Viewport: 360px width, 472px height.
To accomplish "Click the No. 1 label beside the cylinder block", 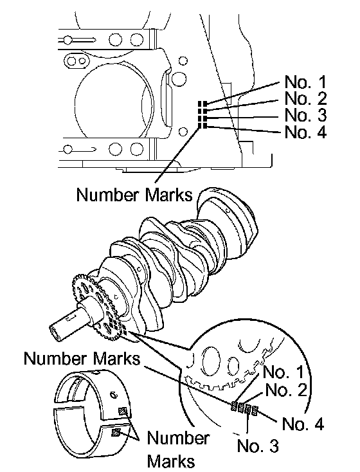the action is [x=305, y=82].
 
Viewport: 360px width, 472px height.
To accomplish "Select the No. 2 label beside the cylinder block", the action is [x=305, y=98].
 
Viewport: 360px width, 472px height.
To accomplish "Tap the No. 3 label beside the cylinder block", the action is [x=305, y=114].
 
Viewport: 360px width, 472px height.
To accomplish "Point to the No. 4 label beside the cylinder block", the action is [x=305, y=132].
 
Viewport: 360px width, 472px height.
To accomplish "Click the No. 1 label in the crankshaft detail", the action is [x=283, y=372].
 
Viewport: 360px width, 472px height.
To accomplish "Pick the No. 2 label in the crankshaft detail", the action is [x=286, y=390].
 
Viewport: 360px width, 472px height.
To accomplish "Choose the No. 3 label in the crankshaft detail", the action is [x=258, y=445].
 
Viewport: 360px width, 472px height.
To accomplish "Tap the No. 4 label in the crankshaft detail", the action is [x=303, y=424].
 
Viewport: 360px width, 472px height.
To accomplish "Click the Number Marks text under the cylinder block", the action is [x=134, y=194].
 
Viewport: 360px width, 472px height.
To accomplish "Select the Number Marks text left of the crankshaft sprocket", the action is [x=82, y=359].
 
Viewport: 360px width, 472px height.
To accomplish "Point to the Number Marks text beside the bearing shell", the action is [x=178, y=449].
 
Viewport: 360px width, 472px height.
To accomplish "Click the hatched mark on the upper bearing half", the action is [x=123, y=411].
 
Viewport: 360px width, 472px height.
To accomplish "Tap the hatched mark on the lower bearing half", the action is [x=116, y=433].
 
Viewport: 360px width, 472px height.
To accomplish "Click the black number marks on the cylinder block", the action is [x=203, y=114].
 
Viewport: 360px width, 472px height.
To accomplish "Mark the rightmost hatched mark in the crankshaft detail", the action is [x=255, y=410].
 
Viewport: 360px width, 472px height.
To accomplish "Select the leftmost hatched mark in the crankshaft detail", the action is [x=234, y=406].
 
